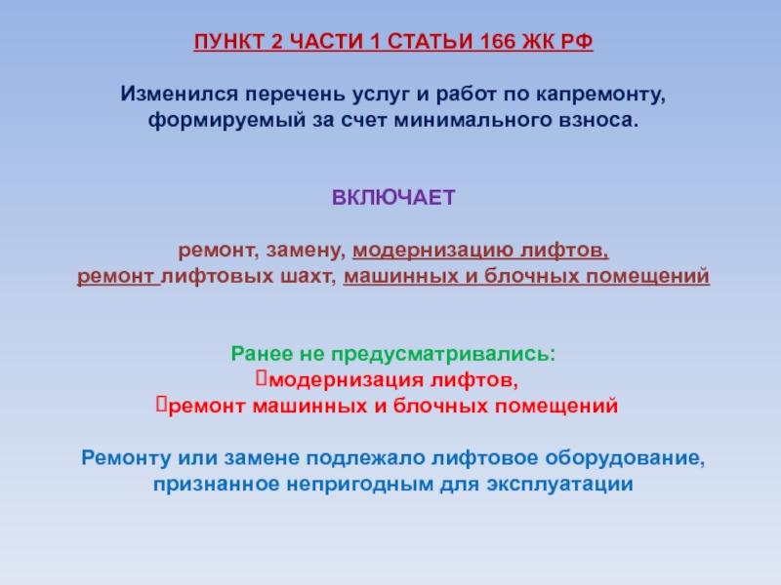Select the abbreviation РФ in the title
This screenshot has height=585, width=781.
pyautogui.click(x=577, y=41)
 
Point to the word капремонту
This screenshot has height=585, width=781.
pyautogui.click(x=600, y=95)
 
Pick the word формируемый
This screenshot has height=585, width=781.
pyautogui.click(x=226, y=121)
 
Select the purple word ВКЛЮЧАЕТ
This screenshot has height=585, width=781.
pyautogui.click(x=393, y=198)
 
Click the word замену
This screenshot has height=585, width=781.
pyautogui.click(x=306, y=251)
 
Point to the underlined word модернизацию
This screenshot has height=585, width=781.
pyautogui.click(x=432, y=251)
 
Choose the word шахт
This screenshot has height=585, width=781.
pyautogui.click(x=308, y=277)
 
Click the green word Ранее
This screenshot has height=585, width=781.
pyautogui.click(x=262, y=354)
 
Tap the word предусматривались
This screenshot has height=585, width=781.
pyautogui.click(x=443, y=355)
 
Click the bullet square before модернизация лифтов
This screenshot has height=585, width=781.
pyautogui.click(x=262, y=378)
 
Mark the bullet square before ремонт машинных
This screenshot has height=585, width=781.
pyautogui.click(x=161, y=404)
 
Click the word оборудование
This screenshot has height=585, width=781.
pyautogui.click(x=625, y=458)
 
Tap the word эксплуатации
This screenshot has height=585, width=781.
pyautogui.click(x=559, y=485)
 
